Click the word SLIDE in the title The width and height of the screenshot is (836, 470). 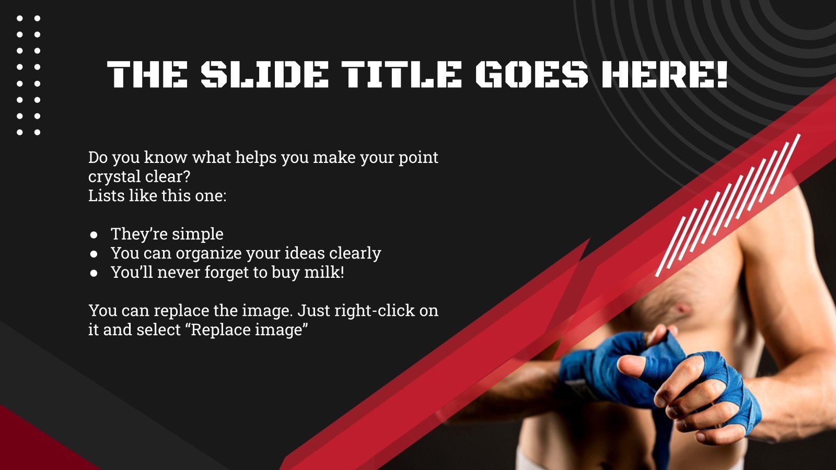pyautogui.click(x=264, y=74)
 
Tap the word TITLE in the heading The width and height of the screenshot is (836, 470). pyautogui.click(x=402, y=74)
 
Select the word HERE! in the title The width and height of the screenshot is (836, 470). pyautogui.click(x=664, y=74)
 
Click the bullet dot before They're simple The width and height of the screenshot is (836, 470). pyautogui.click(x=94, y=234)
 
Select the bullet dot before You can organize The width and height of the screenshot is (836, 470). pyautogui.click(x=94, y=253)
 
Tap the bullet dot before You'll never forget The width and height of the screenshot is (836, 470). pyautogui.click(x=94, y=273)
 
